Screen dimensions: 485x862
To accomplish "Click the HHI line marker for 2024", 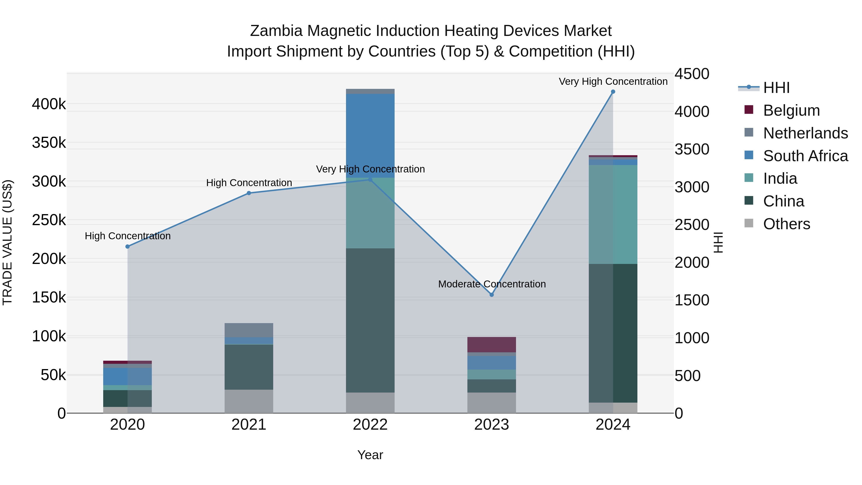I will pyautogui.click(x=613, y=92).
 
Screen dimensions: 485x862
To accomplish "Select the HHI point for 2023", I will pyautogui.click(x=492, y=295).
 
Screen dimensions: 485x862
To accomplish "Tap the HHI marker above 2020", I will pyautogui.click(x=127, y=247).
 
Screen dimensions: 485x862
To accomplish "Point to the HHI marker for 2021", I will pyautogui.click(x=249, y=193).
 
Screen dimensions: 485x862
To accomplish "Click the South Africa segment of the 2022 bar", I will pyautogui.click(x=370, y=136).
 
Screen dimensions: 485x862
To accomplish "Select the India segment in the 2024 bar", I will pyautogui.click(x=613, y=214).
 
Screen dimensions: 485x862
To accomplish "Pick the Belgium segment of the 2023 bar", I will pyautogui.click(x=492, y=344).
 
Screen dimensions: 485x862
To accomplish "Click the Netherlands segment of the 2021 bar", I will pyautogui.click(x=249, y=330).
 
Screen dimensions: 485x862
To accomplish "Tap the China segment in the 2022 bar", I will pyautogui.click(x=370, y=320).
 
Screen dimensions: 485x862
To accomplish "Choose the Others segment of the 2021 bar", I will pyautogui.click(x=249, y=401).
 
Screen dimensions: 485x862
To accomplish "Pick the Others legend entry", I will pyautogui.click(x=786, y=224).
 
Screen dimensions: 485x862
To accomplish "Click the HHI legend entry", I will pyautogui.click(x=776, y=88).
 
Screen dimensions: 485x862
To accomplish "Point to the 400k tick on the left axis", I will pyautogui.click(x=49, y=104).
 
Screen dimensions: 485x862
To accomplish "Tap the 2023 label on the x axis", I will pyautogui.click(x=492, y=425).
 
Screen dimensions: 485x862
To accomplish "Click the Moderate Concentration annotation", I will pyautogui.click(x=492, y=284).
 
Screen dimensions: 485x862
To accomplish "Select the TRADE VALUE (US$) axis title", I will pyautogui.click(x=7, y=242).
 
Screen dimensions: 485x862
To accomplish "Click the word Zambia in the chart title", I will pyautogui.click(x=276, y=31).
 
